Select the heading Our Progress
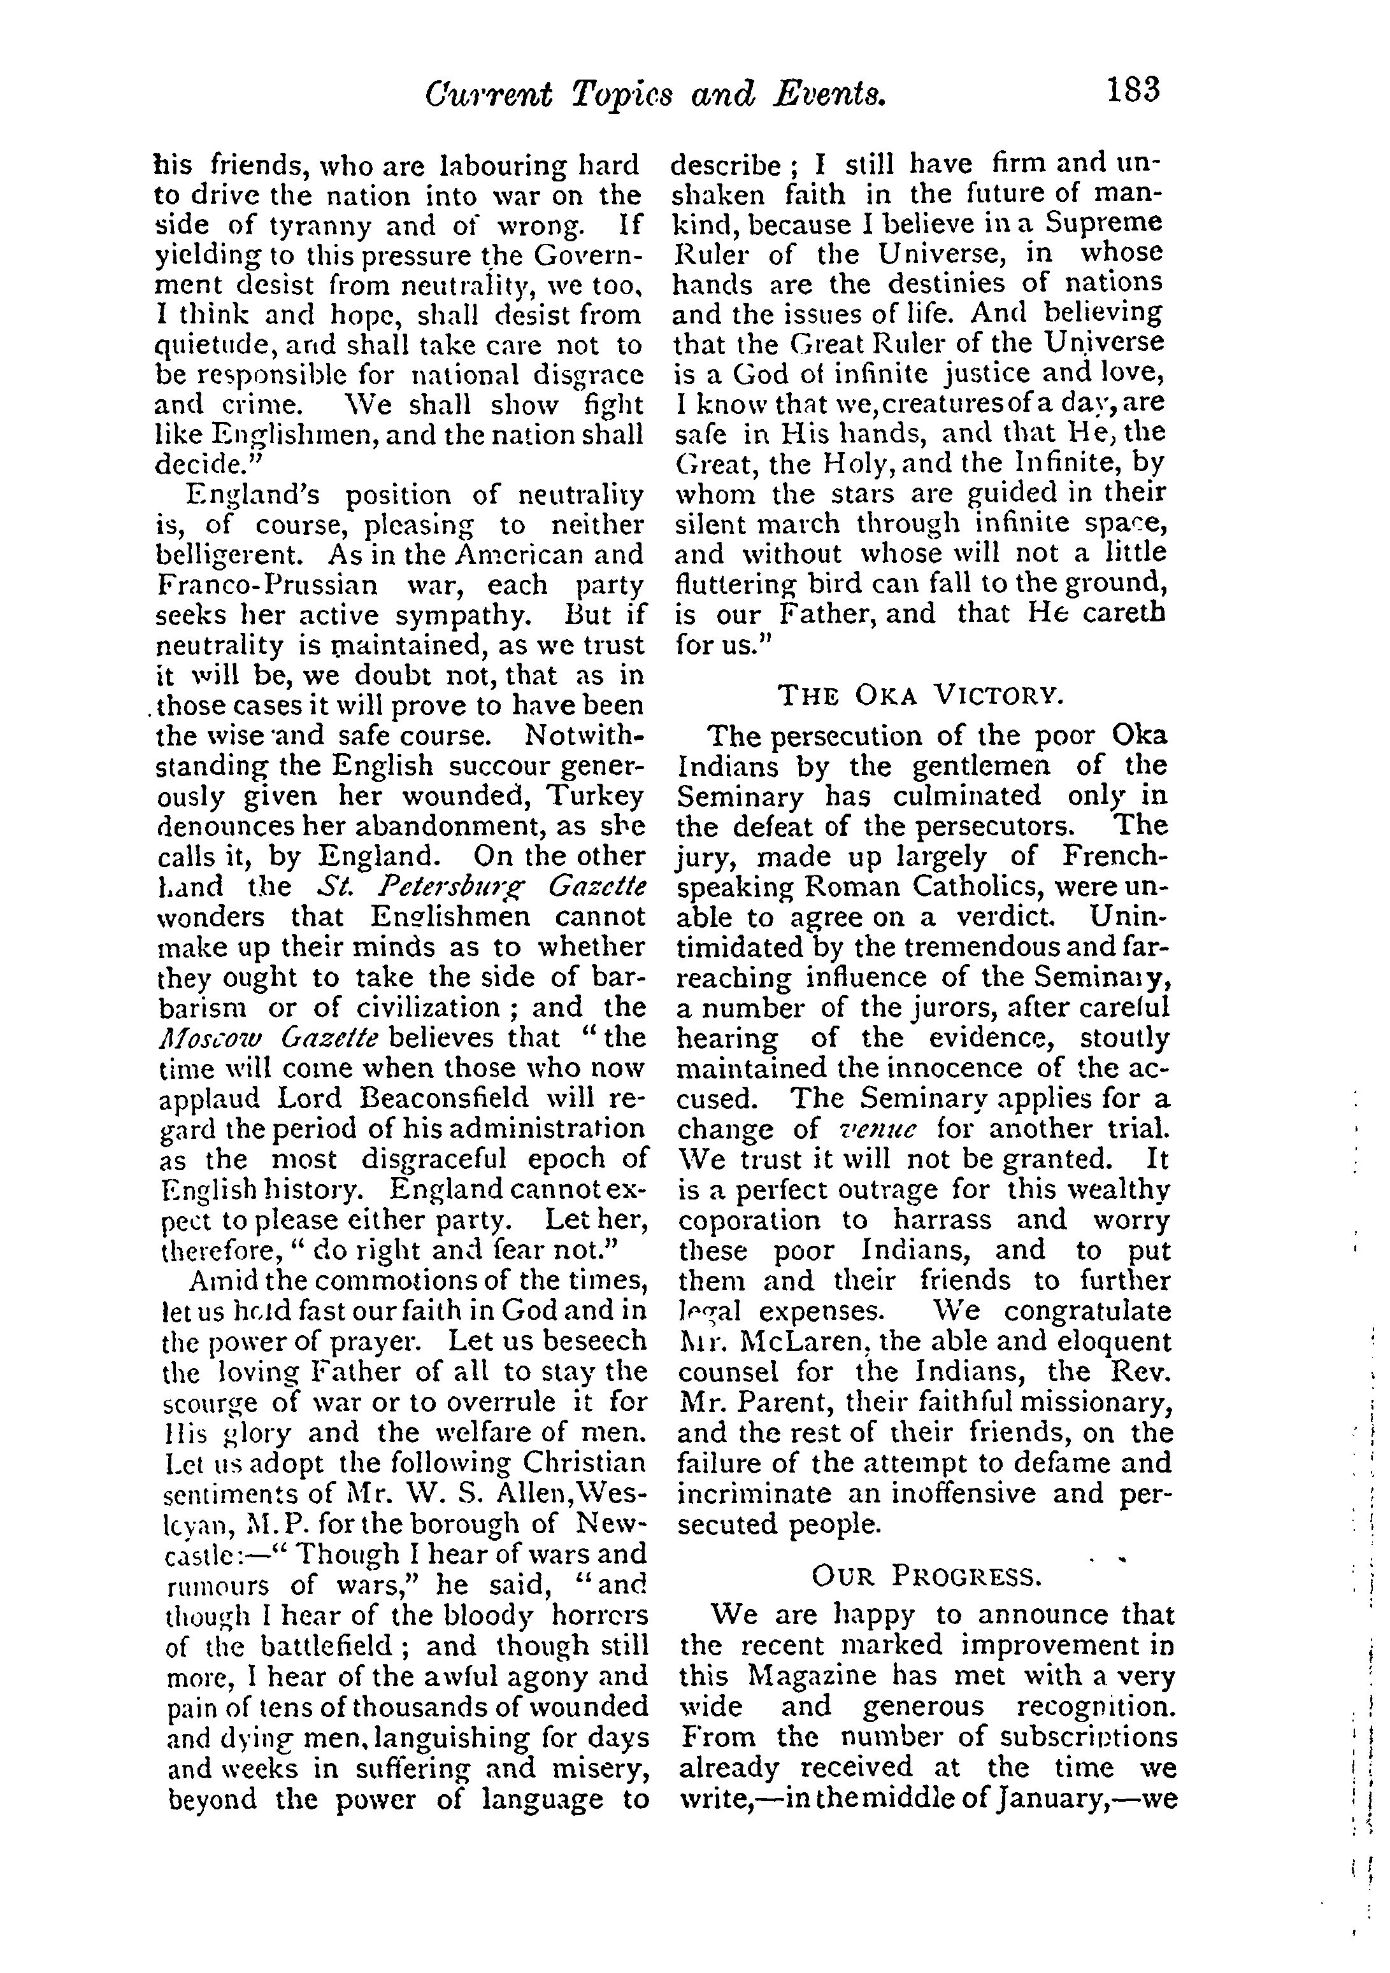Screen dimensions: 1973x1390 click(x=926, y=1575)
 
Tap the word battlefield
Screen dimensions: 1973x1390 click(x=303, y=1646)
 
